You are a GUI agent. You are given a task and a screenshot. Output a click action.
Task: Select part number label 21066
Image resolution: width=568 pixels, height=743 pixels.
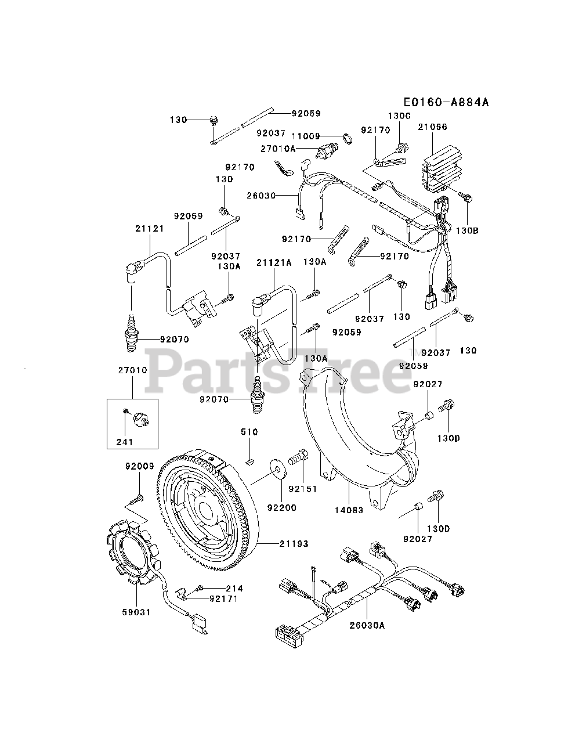click(x=432, y=127)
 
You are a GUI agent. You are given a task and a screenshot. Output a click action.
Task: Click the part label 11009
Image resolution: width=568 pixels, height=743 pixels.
click(x=306, y=136)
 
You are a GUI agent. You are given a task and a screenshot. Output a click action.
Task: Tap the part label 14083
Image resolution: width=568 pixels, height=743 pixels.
click(x=349, y=510)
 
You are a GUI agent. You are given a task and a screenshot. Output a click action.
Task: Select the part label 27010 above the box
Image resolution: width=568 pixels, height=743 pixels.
click(x=132, y=370)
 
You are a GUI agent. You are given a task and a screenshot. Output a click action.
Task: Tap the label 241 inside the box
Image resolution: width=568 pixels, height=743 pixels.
click(x=124, y=442)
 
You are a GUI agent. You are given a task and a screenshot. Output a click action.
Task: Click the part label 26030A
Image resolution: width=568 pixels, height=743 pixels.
click(x=367, y=625)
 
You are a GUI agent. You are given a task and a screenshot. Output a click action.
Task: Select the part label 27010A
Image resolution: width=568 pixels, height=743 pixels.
click(x=278, y=149)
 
